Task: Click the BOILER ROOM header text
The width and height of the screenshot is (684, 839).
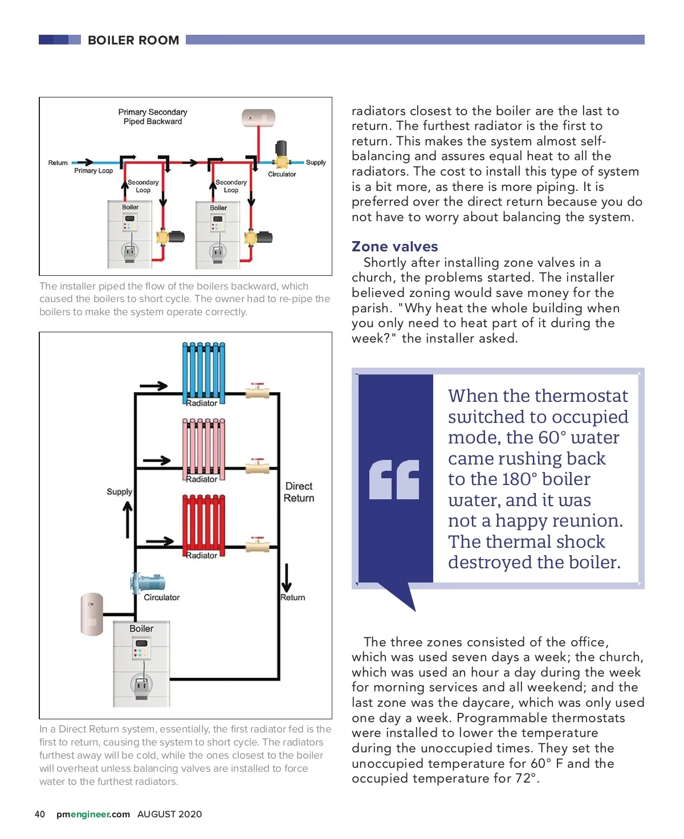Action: [x=133, y=40]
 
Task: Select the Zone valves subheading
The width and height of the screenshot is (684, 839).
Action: [x=394, y=246]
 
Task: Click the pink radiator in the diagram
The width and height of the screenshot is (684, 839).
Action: [x=203, y=448]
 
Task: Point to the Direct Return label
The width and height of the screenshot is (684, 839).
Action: [x=299, y=492]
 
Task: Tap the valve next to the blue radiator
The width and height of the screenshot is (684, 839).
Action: [x=257, y=391]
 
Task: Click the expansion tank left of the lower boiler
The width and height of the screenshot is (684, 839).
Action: [x=92, y=614]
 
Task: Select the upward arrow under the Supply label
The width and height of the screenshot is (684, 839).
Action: [x=128, y=519]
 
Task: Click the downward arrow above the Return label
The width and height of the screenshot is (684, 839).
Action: [x=286, y=578]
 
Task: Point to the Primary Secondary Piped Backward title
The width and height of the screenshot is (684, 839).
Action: [x=153, y=116]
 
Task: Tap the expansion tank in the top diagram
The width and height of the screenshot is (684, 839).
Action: [x=258, y=118]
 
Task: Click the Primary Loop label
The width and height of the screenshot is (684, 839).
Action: [x=93, y=170]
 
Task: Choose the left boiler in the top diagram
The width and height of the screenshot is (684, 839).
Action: [x=130, y=234]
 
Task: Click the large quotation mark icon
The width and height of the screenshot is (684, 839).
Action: [x=394, y=479]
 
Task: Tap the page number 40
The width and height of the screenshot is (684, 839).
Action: [x=40, y=814]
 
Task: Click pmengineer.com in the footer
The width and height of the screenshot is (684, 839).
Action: [x=93, y=814]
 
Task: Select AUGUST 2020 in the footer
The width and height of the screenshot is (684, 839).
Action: [x=169, y=814]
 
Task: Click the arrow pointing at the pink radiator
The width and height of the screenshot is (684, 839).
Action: [x=157, y=461]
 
